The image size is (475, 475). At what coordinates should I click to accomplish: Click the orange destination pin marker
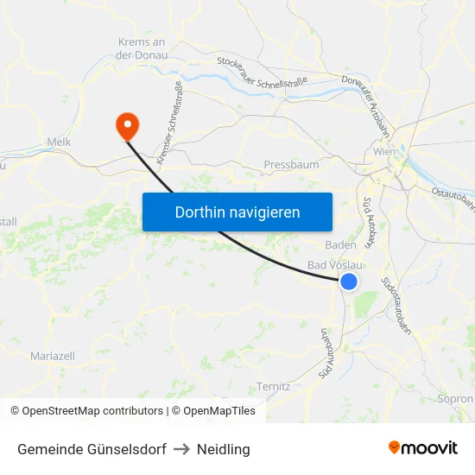tap(127, 127)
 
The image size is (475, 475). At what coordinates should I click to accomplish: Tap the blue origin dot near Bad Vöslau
tap(349, 282)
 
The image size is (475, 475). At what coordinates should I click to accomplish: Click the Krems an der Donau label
tap(141, 47)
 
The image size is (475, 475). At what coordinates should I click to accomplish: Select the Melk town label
tap(59, 142)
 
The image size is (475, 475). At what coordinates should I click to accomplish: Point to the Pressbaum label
tap(291, 164)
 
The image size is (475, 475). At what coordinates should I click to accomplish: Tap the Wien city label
tap(384, 152)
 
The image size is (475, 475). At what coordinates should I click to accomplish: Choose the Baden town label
tap(340, 244)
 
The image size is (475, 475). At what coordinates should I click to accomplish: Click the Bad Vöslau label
tap(335, 265)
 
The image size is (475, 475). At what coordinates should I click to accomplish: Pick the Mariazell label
tap(53, 356)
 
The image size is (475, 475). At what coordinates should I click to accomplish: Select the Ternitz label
tap(274, 387)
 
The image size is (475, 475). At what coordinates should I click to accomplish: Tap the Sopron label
tap(456, 399)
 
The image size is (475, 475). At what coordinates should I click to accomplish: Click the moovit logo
tap(423, 447)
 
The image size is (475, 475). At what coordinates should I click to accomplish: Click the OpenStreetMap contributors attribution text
tap(87, 411)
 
